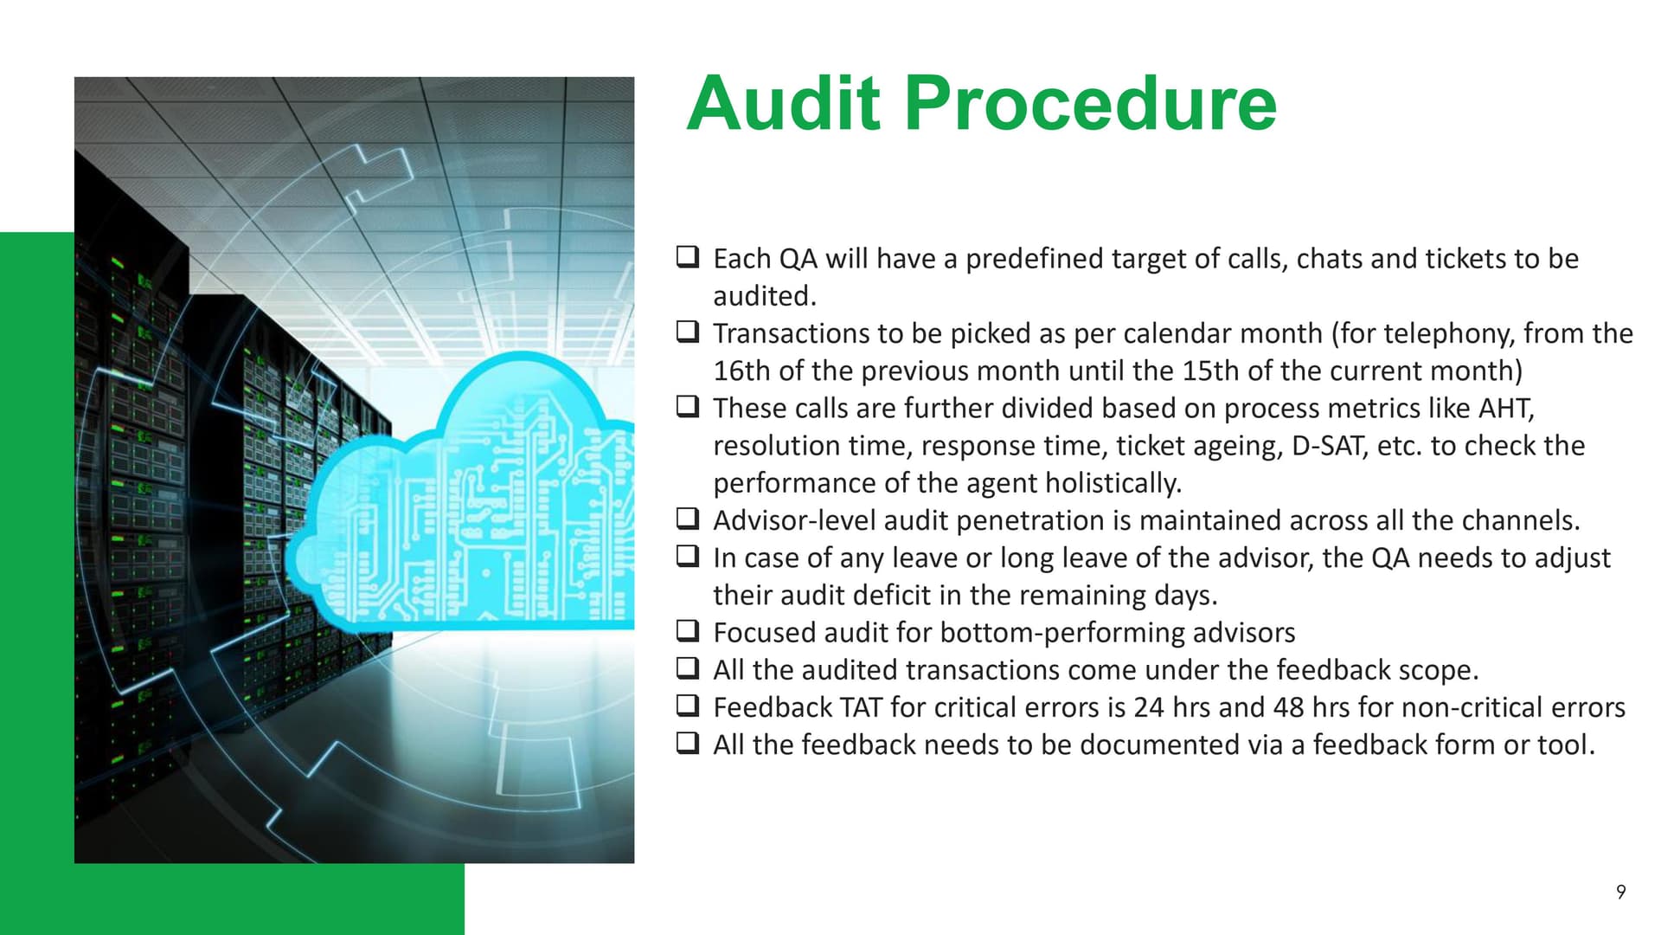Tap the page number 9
pos(1620,892)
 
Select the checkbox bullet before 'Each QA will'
pos(688,256)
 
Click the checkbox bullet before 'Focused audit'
pos(688,630)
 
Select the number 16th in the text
pos(741,371)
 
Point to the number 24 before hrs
pos(1149,707)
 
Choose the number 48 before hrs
pos(1289,707)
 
